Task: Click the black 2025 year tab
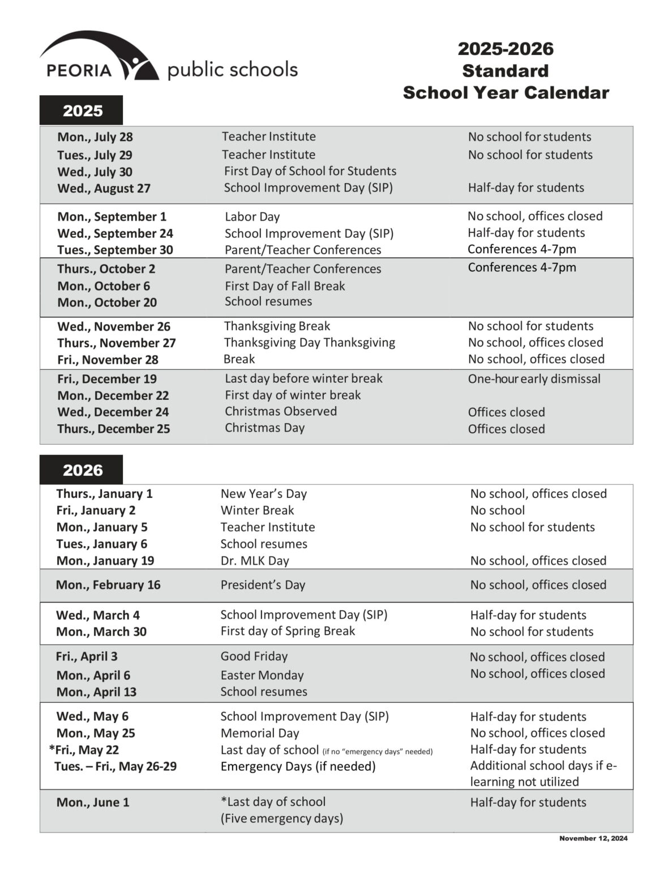click(x=81, y=110)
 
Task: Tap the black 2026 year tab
click(x=81, y=470)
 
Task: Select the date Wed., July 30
click(x=95, y=172)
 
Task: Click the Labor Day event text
click(x=252, y=217)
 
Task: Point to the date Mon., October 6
click(x=103, y=286)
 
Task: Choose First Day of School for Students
click(x=310, y=171)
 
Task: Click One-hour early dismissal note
click(x=534, y=379)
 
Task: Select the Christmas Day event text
click(x=264, y=428)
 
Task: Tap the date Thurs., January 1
click(x=104, y=493)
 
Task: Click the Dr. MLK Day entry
click(x=255, y=561)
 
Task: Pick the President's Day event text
click(x=263, y=585)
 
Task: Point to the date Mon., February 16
click(x=108, y=585)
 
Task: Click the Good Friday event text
click(x=254, y=656)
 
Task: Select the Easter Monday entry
click(x=262, y=675)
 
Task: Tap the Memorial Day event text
click(x=260, y=733)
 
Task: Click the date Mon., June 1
click(x=93, y=802)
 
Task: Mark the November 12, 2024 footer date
click(x=593, y=838)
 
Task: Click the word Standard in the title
click(x=505, y=71)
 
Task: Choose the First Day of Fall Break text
click(x=285, y=286)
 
